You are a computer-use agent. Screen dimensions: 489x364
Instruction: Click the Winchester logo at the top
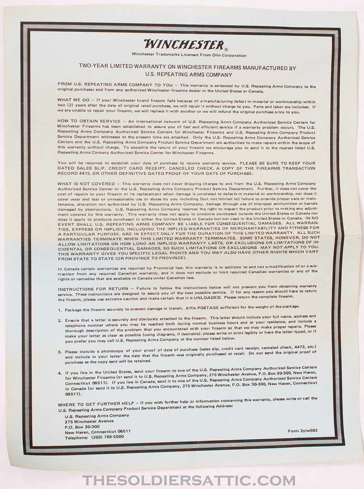click(184, 44)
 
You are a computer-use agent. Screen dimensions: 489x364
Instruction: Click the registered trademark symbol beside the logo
click(226, 50)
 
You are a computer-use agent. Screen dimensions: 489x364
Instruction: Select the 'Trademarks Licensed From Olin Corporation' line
click(189, 55)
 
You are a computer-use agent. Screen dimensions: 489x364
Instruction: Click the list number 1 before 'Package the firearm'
click(60, 310)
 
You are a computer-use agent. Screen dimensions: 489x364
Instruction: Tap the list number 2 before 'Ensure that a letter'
click(60, 321)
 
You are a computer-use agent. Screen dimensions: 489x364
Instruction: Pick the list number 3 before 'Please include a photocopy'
click(60, 352)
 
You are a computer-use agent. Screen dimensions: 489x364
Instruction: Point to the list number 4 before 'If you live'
click(60, 373)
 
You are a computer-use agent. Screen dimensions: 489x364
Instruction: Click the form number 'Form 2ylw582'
click(302, 431)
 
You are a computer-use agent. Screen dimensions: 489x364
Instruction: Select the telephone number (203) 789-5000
click(107, 437)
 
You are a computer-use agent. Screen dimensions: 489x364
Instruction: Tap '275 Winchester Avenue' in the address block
click(89, 421)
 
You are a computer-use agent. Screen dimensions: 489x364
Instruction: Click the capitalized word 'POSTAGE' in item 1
click(208, 308)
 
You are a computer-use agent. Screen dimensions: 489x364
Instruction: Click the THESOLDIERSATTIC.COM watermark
click(189, 481)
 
